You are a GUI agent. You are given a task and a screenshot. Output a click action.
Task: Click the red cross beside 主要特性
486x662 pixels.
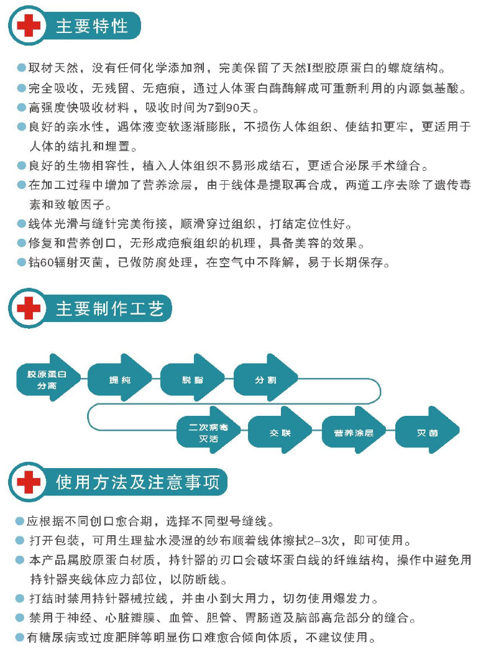29,25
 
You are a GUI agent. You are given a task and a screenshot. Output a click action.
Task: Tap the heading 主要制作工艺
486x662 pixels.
110,309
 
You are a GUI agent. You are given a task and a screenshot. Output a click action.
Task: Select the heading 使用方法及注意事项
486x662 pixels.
137,482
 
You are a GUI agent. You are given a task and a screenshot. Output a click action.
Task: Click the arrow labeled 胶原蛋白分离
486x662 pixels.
48,379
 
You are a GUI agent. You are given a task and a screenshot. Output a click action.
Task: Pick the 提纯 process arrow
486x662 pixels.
119,379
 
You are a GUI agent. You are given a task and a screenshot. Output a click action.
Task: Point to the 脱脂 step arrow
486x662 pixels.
193,379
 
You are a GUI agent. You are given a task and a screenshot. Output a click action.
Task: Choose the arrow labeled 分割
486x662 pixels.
265,379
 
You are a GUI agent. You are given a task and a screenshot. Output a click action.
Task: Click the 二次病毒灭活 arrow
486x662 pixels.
209,432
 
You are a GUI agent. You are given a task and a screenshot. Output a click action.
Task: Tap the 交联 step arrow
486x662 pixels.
280,432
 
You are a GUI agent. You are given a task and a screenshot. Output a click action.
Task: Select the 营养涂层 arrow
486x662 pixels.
354,432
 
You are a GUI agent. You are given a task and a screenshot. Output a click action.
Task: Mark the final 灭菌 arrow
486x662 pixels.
428,432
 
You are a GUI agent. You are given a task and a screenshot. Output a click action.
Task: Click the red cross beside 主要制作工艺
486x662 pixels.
29,308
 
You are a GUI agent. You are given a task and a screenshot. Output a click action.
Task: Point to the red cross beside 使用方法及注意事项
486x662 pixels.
29,482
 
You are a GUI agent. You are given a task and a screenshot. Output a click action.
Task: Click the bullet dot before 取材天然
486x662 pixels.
22,68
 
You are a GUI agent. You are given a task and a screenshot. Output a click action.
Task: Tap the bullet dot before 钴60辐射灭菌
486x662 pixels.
22,262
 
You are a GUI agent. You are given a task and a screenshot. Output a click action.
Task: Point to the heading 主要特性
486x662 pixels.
92,26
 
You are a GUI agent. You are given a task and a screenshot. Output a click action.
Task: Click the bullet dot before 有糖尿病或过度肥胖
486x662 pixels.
20,638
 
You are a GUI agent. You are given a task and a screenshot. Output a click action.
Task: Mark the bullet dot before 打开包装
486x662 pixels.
20,540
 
